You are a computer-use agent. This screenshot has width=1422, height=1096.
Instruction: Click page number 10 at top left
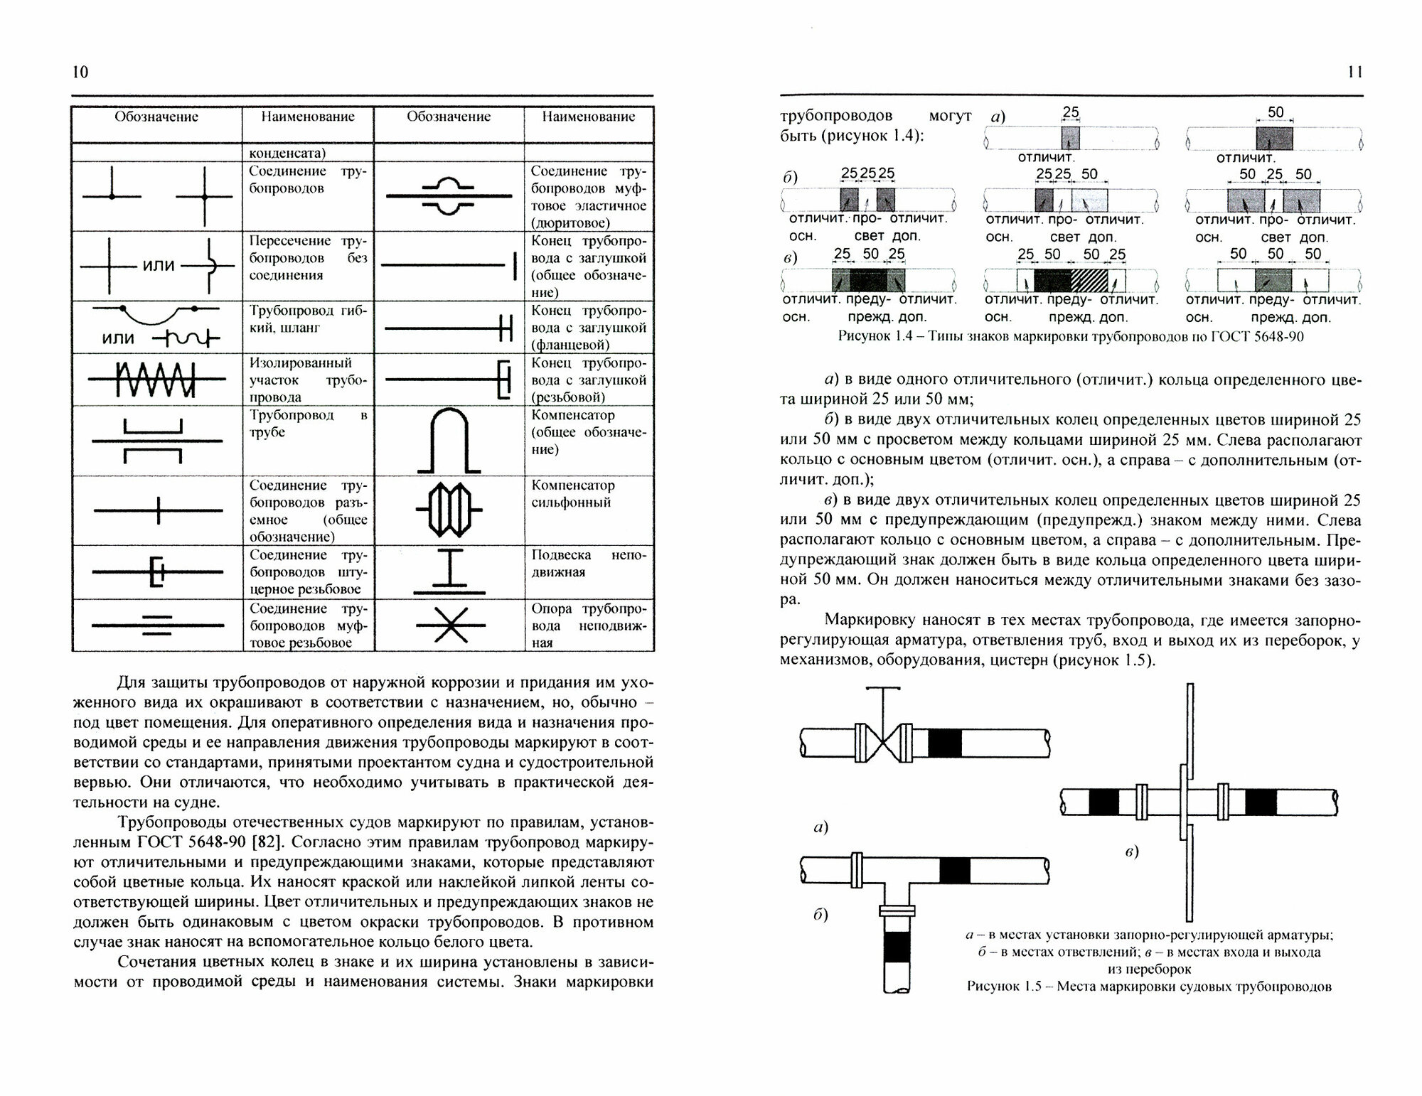coord(80,72)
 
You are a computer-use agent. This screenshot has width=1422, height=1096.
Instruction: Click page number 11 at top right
coord(1354,72)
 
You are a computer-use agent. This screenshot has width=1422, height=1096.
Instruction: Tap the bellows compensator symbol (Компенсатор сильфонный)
coord(449,510)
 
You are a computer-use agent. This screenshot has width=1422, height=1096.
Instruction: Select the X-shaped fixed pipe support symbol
coord(450,625)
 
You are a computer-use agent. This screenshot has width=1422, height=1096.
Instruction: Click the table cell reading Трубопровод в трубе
coord(307,424)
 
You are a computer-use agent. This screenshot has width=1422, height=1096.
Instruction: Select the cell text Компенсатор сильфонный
coord(572,493)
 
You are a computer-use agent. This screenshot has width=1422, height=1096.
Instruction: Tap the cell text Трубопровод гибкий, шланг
coord(307,319)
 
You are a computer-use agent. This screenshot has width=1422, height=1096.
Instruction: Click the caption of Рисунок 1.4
coord(1071,336)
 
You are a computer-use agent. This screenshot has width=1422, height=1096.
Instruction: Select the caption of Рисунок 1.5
coord(1149,987)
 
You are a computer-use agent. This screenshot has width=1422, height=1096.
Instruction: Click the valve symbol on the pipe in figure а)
coord(882,743)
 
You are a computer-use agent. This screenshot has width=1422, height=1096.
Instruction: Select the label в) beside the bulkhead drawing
coord(1132,851)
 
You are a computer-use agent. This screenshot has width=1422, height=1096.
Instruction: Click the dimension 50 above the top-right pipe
coord(1276,112)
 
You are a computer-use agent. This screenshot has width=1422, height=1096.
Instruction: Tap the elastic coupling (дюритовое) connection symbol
coord(449,195)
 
